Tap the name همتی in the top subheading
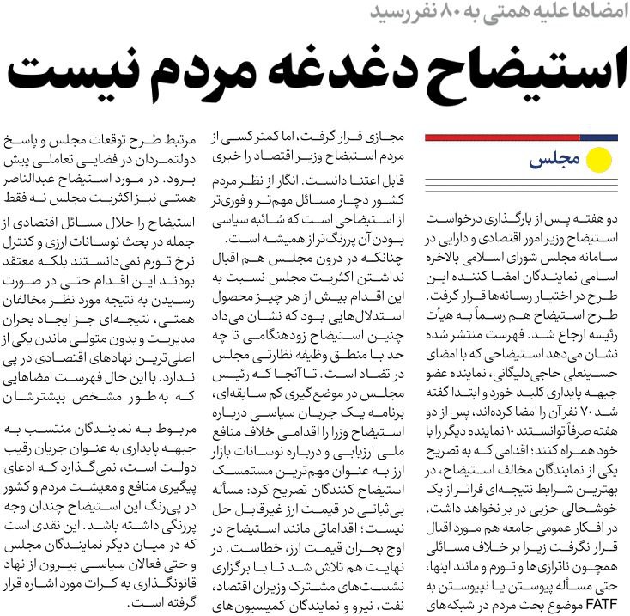[x=507, y=15]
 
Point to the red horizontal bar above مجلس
[x=498, y=137]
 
